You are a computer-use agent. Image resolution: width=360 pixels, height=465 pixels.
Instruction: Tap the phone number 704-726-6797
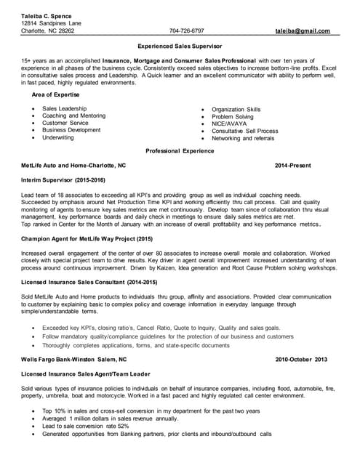click(x=186, y=31)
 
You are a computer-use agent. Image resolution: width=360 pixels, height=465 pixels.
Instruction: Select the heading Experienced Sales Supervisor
click(x=180, y=45)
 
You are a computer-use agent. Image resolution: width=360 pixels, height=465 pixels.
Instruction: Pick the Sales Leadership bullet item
click(x=64, y=108)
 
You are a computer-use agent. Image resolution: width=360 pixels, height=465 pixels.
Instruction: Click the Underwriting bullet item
click(x=57, y=137)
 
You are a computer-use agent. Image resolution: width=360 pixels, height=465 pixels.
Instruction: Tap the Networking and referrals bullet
click(x=243, y=138)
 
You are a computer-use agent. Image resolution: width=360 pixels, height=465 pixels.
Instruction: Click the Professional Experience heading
click(x=180, y=151)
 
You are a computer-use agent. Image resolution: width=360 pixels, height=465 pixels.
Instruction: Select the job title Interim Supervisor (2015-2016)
click(x=63, y=179)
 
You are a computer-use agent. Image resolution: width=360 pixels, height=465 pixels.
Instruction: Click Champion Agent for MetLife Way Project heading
click(x=87, y=238)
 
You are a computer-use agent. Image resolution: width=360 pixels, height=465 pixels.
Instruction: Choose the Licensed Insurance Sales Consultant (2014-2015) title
click(x=89, y=281)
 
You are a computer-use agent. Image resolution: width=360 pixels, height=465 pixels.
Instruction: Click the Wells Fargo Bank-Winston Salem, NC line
click(x=73, y=360)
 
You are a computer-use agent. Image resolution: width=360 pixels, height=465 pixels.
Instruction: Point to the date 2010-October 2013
click(x=301, y=360)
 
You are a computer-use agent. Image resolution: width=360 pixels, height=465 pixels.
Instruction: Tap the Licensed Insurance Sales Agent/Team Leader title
click(x=89, y=373)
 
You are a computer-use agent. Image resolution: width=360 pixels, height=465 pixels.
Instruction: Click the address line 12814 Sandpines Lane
click(x=51, y=23)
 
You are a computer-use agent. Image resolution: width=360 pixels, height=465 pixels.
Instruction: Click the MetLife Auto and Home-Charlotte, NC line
click(x=73, y=165)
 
